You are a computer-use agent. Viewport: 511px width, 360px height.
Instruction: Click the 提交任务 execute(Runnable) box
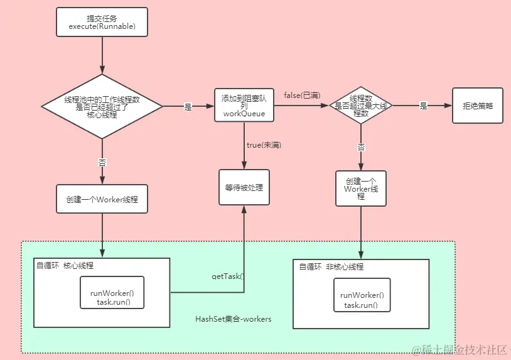click(x=102, y=22)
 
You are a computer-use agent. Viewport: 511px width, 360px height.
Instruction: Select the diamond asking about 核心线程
click(x=102, y=107)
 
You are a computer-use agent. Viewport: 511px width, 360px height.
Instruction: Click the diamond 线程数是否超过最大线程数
click(x=360, y=106)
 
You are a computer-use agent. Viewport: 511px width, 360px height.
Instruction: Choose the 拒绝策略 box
click(x=478, y=106)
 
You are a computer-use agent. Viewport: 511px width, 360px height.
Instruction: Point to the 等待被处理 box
click(x=244, y=187)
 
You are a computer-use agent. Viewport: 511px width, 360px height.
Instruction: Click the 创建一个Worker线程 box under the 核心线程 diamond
click(x=102, y=199)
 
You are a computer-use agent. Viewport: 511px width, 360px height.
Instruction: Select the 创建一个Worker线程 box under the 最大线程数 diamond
click(x=360, y=188)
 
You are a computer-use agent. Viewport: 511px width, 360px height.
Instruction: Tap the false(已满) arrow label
click(x=301, y=95)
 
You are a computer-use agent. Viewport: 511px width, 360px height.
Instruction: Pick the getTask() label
click(x=227, y=276)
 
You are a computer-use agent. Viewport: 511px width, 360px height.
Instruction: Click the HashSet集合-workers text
click(x=233, y=319)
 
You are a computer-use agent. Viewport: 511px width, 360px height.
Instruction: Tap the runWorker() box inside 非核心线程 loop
click(x=361, y=300)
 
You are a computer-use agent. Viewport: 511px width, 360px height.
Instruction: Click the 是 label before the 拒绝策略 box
click(x=423, y=106)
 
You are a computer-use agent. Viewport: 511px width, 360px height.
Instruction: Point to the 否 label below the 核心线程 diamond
click(x=102, y=162)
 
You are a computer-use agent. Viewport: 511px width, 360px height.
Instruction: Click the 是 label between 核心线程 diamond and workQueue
click(x=188, y=107)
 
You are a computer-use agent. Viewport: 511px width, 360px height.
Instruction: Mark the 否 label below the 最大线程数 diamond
click(x=361, y=148)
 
